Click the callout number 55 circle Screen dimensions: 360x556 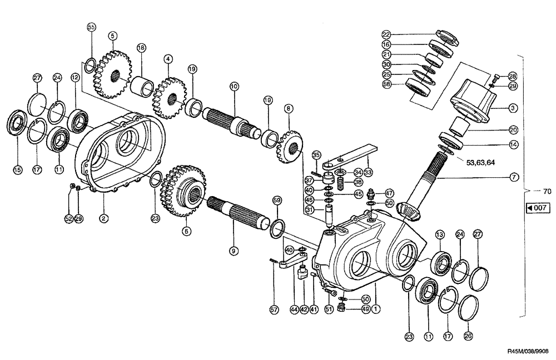[x=92, y=27]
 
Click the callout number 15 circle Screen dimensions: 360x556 [x=18, y=169]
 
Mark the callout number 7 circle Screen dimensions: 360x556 [x=514, y=178]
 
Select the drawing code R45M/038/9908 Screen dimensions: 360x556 [x=528, y=351]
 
